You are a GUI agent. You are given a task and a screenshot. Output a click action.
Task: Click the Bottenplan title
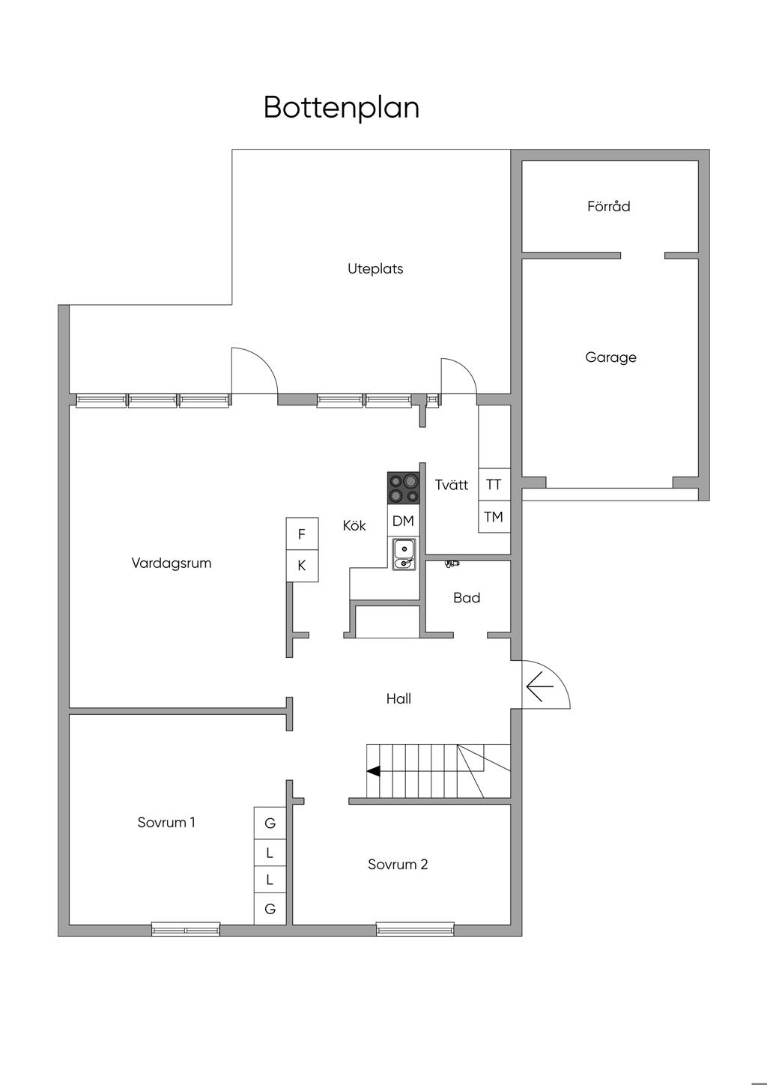tap(342, 108)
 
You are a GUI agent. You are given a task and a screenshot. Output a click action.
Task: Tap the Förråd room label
tap(609, 206)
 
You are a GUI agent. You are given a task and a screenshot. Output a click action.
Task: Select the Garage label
tap(610, 357)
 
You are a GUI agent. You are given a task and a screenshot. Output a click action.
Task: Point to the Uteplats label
tap(375, 269)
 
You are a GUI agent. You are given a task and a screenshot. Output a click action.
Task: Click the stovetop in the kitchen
tap(404, 489)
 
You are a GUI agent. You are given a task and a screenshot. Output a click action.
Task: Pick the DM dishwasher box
tap(404, 521)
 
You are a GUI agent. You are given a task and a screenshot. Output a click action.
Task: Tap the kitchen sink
tap(404, 554)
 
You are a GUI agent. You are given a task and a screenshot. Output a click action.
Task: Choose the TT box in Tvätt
tap(494, 484)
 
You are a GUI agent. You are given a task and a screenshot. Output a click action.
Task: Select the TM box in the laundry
tap(494, 517)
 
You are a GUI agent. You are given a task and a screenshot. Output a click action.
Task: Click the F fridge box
tap(302, 534)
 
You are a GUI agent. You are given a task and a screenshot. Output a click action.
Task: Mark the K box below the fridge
tap(302, 566)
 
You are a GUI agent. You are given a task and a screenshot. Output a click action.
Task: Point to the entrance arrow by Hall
tap(539, 686)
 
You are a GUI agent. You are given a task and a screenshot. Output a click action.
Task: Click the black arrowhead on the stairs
tap(373, 771)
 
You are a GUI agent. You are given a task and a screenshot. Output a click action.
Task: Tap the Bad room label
tap(467, 598)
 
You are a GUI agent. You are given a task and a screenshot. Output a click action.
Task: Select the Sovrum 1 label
tap(166, 823)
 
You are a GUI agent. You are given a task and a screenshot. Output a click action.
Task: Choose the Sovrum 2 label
tap(398, 865)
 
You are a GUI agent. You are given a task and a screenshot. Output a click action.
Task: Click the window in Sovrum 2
tap(416, 928)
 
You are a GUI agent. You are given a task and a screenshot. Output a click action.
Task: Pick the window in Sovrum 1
tap(186, 928)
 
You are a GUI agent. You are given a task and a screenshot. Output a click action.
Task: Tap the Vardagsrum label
tap(172, 563)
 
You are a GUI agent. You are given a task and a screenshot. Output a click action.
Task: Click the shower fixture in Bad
tap(452, 563)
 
